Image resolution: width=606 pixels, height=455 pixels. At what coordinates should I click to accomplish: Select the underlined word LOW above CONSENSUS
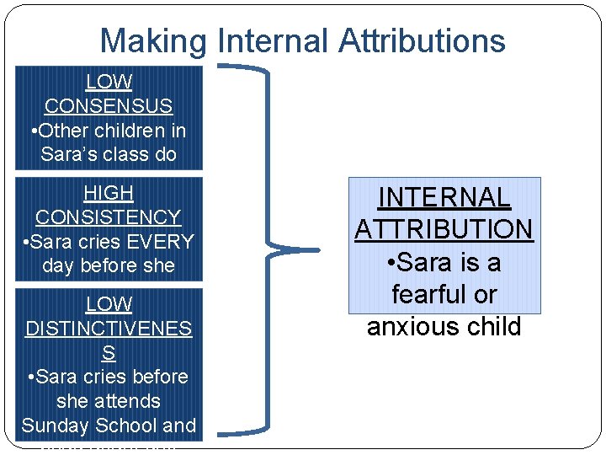(x=109, y=82)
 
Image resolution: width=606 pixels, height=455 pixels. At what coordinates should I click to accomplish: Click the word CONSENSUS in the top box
(x=109, y=106)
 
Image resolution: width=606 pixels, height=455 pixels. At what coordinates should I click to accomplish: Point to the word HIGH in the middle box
(x=109, y=193)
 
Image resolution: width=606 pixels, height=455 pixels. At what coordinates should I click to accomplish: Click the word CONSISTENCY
(x=109, y=217)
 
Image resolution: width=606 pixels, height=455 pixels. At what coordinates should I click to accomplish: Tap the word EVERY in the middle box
(x=160, y=242)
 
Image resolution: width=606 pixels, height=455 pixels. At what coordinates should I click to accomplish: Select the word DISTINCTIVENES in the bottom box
(x=109, y=329)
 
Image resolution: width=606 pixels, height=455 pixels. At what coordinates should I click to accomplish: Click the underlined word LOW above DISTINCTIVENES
(x=109, y=304)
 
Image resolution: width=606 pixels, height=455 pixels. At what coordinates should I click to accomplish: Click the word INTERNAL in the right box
(x=444, y=197)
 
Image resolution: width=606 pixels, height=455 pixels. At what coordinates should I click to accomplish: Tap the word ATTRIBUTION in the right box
(x=444, y=229)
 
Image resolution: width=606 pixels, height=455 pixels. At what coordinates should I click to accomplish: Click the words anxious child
(x=444, y=327)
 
